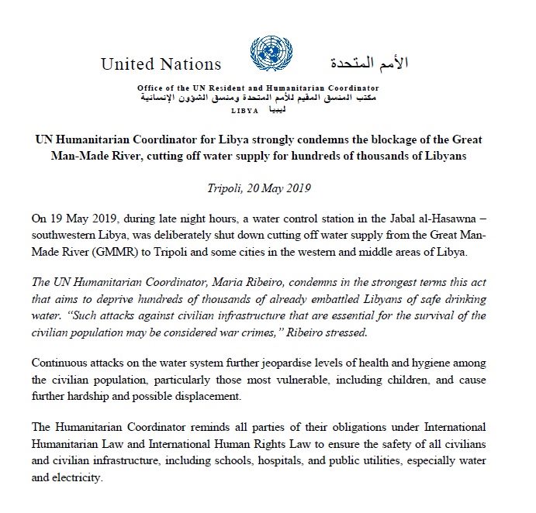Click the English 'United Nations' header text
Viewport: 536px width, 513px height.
(x=161, y=64)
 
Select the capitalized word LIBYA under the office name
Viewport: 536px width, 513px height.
(x=245, y=112)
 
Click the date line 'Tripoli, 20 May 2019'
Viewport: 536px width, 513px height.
(x=268, y=188)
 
